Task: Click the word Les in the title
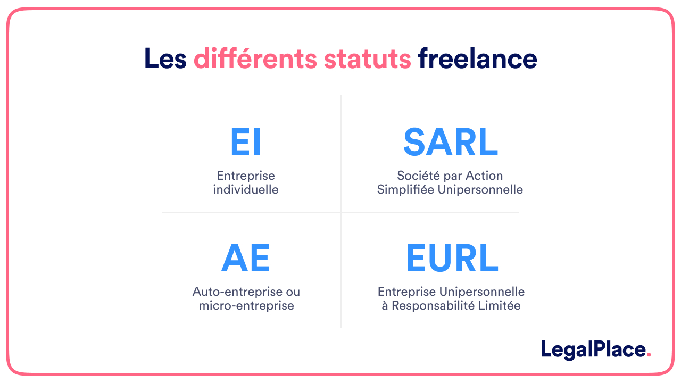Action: pyautogui.click(x=165, y=59)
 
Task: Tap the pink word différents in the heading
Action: pyautogui.click(x=255, y=59)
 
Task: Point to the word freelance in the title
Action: pyautogui.click(x=477, y=59)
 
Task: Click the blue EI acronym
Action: pyautogui.click(x=246, y=143)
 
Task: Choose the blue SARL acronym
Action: pyautogui.click(x=450, y=143)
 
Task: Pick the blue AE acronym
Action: pyautogui.click(x=245, y=259)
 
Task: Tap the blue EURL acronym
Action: pyautogui.click(x=452, y=259)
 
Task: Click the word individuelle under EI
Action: pyautogui.click(x=246, y=189)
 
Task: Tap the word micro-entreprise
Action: pyautogui.click(x=246, y=305)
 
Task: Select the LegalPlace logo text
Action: pyautogui.click(x=593, y=349)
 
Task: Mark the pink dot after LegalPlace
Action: pyautogui.click(x=649, y=355)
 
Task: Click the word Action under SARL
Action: pyautogui.click(x=484, y=176)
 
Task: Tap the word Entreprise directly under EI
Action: pyautogui.click(x=246, y=176)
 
